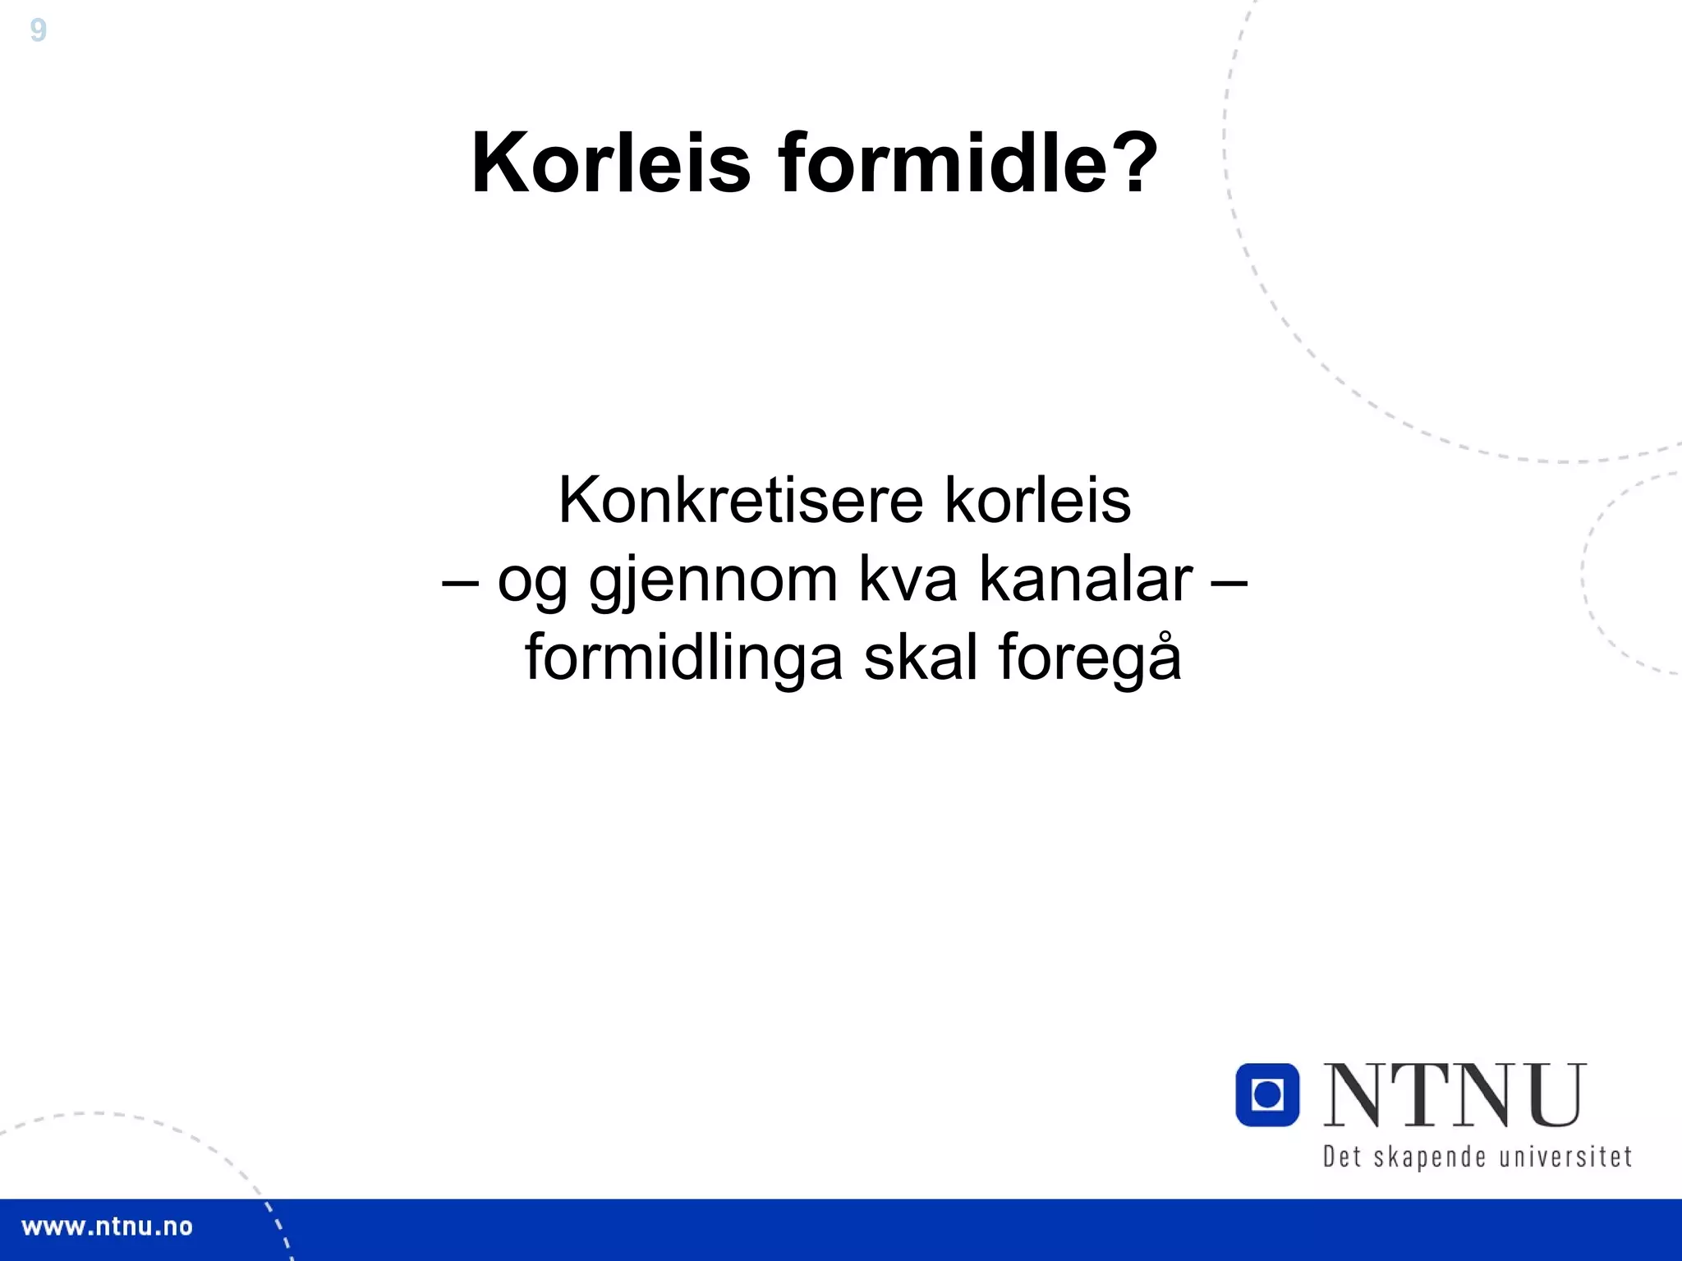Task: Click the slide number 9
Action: point(38,31)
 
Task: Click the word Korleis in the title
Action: point(611,163)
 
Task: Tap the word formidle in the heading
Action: point(941,163)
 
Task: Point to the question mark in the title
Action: point(1133,163)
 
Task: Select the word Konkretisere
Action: point(741,501)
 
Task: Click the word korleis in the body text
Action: point(1037,501)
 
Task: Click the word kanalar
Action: point(1086,580)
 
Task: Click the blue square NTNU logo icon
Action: point(1267,1094)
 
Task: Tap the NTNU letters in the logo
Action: point(1454,1096)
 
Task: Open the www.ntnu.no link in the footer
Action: point(107,1227)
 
